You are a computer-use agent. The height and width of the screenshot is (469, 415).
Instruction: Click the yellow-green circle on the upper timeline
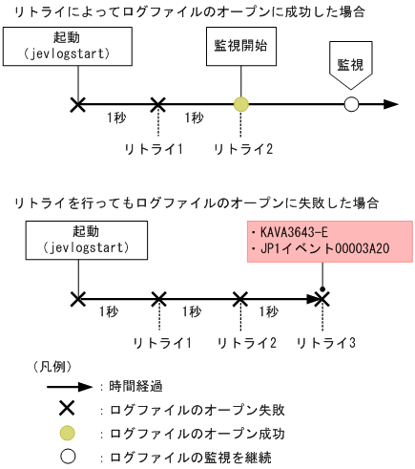coord(240,104)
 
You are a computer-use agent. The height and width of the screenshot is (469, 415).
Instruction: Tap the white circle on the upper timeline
coord(351,104)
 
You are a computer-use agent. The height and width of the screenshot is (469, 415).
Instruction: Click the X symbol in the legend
coord(68,410)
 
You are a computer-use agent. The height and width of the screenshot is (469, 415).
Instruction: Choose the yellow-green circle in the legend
coord(68,434)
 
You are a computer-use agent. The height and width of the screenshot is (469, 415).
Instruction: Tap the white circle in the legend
coord(68,457)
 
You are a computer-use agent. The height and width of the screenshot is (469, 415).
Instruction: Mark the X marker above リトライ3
coord(322,299)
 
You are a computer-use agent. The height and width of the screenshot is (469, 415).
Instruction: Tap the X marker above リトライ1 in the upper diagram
coord(158,104)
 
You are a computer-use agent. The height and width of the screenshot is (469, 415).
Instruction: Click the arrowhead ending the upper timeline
coord(391,104)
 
